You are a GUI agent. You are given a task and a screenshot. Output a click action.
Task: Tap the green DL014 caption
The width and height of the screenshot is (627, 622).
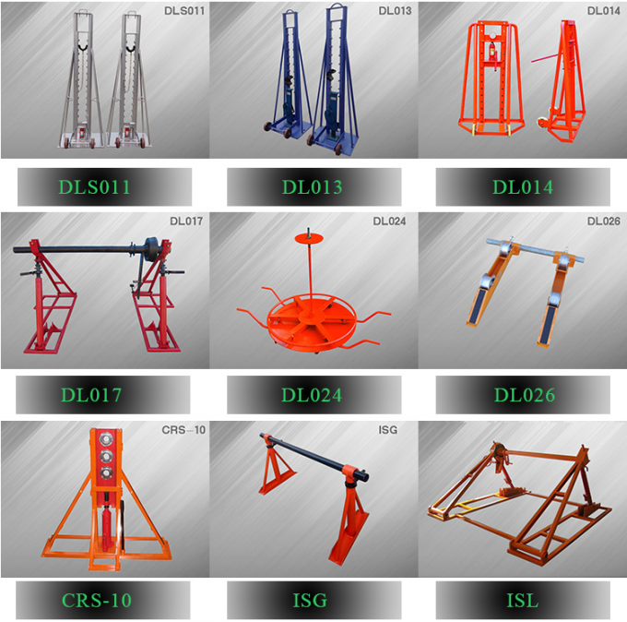coord(522,187)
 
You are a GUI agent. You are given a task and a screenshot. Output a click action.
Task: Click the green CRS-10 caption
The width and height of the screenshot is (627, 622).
coord(97,601)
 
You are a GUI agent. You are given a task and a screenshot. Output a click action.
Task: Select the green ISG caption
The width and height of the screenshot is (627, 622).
coord(312,601)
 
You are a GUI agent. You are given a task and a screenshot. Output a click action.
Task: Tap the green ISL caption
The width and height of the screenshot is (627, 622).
coord(522,601)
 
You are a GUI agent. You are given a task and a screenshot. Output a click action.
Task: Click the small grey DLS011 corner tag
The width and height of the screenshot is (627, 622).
coord(185,11)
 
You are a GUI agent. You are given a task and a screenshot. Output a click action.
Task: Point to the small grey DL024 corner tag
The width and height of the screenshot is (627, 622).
coord(391,221)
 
